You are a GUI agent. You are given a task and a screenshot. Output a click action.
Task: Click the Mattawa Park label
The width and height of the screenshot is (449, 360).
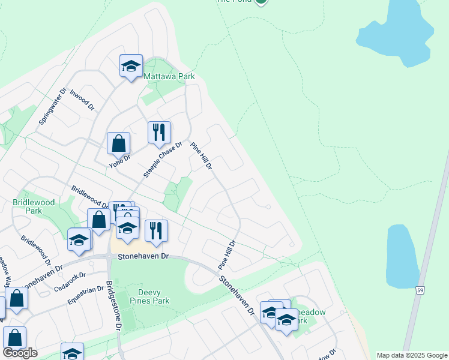coord(169,77)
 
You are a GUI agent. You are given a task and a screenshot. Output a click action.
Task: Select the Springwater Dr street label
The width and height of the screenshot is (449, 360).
coord(50,109)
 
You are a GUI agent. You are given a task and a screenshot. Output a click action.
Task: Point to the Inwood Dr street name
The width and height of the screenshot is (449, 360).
coord(82,100)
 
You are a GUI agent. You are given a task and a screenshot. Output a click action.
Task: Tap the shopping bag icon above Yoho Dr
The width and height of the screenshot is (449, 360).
coord(119,144)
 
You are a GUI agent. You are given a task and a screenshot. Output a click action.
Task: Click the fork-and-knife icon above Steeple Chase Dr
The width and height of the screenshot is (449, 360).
coord(159,133)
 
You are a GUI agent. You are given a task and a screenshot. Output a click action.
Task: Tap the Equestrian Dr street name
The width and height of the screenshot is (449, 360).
coord(86,295)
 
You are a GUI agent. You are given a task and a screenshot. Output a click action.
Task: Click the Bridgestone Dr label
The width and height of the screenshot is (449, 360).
coord(114,305)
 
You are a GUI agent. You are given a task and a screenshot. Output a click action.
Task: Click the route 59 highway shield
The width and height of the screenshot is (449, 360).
coord(420,290)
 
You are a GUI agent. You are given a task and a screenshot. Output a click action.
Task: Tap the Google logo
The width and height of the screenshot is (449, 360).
coord(20,353)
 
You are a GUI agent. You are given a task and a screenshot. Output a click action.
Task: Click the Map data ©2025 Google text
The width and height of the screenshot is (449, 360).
coord(412,355)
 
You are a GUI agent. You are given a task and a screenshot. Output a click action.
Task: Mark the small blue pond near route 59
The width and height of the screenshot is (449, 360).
coord(402,256)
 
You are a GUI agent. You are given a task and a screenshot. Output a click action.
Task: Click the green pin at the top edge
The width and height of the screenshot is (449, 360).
coord(261,2)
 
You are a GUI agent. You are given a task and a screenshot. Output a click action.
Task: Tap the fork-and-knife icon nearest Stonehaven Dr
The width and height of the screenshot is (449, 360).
coord(156,231)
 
